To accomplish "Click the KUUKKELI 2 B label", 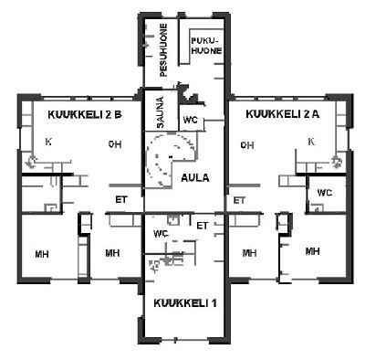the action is (85, 115).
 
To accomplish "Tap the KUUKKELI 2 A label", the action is (283, 114).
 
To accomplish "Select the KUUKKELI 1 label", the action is (185, 303).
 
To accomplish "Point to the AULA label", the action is (195, 178).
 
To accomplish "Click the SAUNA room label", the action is (161, 112).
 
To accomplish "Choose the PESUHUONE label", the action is (163, 50).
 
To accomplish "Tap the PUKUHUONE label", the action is (206, 46).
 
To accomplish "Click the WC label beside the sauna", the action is (190, 120).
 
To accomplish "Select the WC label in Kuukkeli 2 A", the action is (325, 193).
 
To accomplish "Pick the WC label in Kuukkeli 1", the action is (161, 234).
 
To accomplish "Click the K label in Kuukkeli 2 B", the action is (48, 142).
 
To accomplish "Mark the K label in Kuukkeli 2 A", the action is (311, 142).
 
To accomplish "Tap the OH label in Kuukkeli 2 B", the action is (115, 144).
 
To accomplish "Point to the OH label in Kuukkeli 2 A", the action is (247, 145).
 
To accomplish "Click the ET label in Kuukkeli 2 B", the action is (121, 200).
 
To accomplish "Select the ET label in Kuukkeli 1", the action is (203, 226).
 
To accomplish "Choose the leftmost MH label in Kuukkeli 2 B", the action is (42, 254).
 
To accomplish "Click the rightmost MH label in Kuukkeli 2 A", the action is (313, 251).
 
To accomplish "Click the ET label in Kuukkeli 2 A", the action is (239, 201).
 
